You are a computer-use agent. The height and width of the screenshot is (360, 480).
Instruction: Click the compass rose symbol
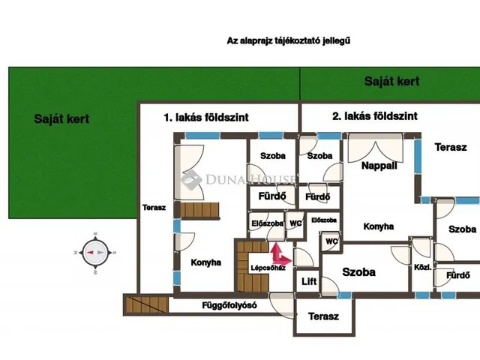click(95, 253)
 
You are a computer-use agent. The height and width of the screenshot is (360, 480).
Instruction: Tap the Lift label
click(309, 281)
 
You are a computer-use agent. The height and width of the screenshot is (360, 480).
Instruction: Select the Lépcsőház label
click(268, 268)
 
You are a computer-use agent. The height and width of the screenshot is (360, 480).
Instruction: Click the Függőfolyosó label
click(229, 305)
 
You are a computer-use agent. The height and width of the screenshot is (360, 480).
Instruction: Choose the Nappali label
click(379, 166)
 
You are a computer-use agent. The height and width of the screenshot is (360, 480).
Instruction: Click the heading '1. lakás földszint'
click(206, 117)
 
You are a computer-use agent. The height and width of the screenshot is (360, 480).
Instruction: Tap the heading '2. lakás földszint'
click(375, 116)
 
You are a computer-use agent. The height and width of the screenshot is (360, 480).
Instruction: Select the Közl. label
click(423, 267)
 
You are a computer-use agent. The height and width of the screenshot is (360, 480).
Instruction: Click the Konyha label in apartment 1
click(205, 262)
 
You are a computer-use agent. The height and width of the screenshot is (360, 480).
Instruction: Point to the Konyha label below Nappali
click(379, 226)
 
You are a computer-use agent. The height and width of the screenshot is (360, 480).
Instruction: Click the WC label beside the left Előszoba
click(295, 223)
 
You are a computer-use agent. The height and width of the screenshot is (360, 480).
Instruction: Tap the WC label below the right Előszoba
click(331, 241)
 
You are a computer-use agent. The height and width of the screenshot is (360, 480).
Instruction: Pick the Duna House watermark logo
click(238, 179)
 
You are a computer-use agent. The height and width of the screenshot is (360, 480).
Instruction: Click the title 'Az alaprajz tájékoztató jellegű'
click(288, 40)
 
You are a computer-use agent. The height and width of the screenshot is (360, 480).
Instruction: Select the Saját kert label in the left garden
click(61, 119)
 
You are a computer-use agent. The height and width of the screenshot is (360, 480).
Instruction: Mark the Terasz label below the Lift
click(323, 316)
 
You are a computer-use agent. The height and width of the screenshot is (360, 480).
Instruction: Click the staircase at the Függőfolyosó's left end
click(147, 304)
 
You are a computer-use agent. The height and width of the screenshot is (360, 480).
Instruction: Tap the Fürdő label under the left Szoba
click(272, 196)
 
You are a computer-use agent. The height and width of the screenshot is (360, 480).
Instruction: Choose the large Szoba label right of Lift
click(358, 272)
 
